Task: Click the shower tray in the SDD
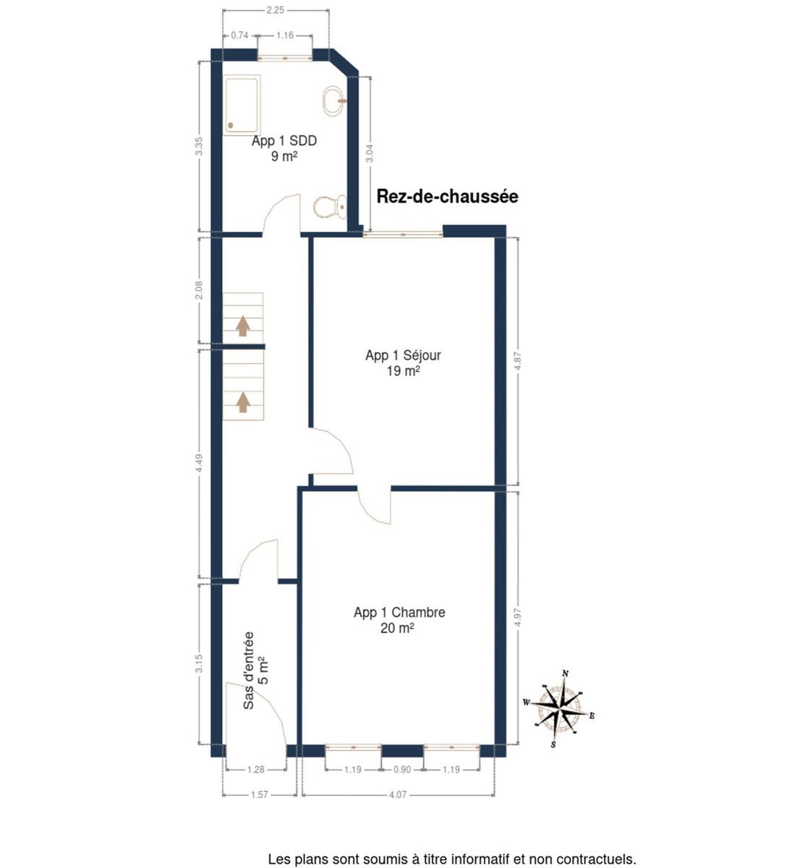(x=242, y=105)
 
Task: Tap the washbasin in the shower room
(x=335, y=101)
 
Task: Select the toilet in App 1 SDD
(x=331, y=207)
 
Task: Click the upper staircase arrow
(x=243, y=326)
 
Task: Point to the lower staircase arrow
(x=243, y=402)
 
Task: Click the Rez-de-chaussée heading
(x=448, y=197)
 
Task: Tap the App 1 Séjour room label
(x=403, y=356)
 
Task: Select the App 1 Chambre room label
(x=399, y=613)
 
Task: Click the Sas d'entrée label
(x=249, y=671)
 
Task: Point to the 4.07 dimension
(x=398, y=794)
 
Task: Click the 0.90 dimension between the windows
(x=401, y=769)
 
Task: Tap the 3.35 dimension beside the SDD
(x=199, y=146)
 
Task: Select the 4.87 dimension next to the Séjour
(x=518, y=361)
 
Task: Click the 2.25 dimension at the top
(x=276, y=10)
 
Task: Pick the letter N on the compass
(x=565, y=673)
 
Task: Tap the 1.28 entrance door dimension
(x=255, y=769)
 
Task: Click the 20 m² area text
(x=397, y=628)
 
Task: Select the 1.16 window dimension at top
(x=285, y=35)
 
